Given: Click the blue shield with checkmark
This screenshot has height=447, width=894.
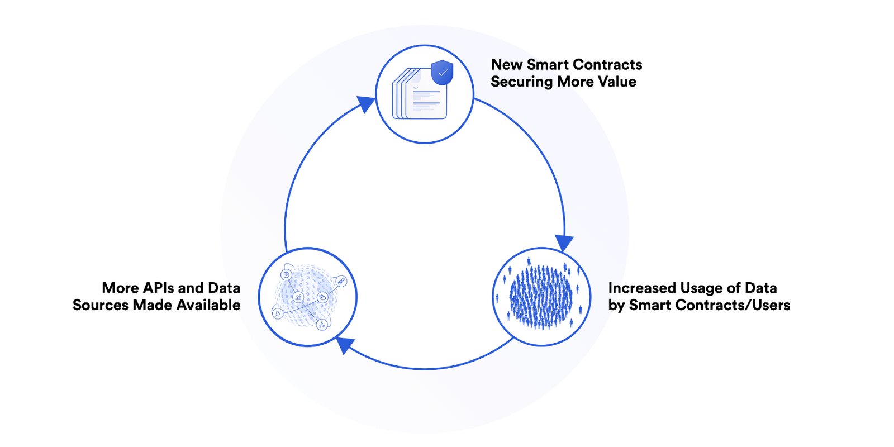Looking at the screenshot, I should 442,73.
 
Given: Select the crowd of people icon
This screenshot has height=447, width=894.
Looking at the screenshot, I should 541,297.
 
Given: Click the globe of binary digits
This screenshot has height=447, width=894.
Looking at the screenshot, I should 306,297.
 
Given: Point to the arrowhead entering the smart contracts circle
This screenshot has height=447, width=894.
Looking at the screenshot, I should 366,104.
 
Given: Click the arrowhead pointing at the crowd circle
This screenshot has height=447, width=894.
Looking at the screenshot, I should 564,242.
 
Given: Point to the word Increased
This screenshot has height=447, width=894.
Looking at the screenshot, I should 642,288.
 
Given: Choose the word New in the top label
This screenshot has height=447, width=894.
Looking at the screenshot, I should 507,65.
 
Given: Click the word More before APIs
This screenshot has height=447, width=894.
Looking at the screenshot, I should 120,288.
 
